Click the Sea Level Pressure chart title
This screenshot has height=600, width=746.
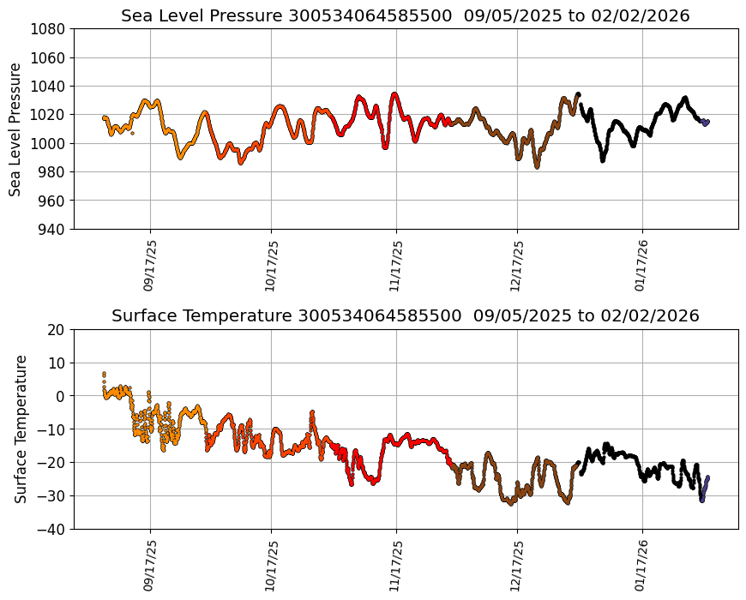405,16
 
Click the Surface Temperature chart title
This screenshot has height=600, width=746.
405,316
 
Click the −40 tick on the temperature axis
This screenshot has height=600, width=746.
51,530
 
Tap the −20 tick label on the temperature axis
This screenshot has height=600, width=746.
51,463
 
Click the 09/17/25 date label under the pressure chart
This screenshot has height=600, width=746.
149,265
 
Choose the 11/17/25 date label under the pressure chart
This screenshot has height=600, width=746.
395,265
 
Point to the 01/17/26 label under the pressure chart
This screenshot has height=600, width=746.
641,265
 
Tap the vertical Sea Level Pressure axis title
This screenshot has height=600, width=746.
15,129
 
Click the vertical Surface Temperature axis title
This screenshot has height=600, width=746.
21,429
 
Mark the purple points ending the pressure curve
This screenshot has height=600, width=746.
706,123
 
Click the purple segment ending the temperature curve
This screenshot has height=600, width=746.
704,489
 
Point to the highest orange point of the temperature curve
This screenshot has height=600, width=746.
104,374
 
